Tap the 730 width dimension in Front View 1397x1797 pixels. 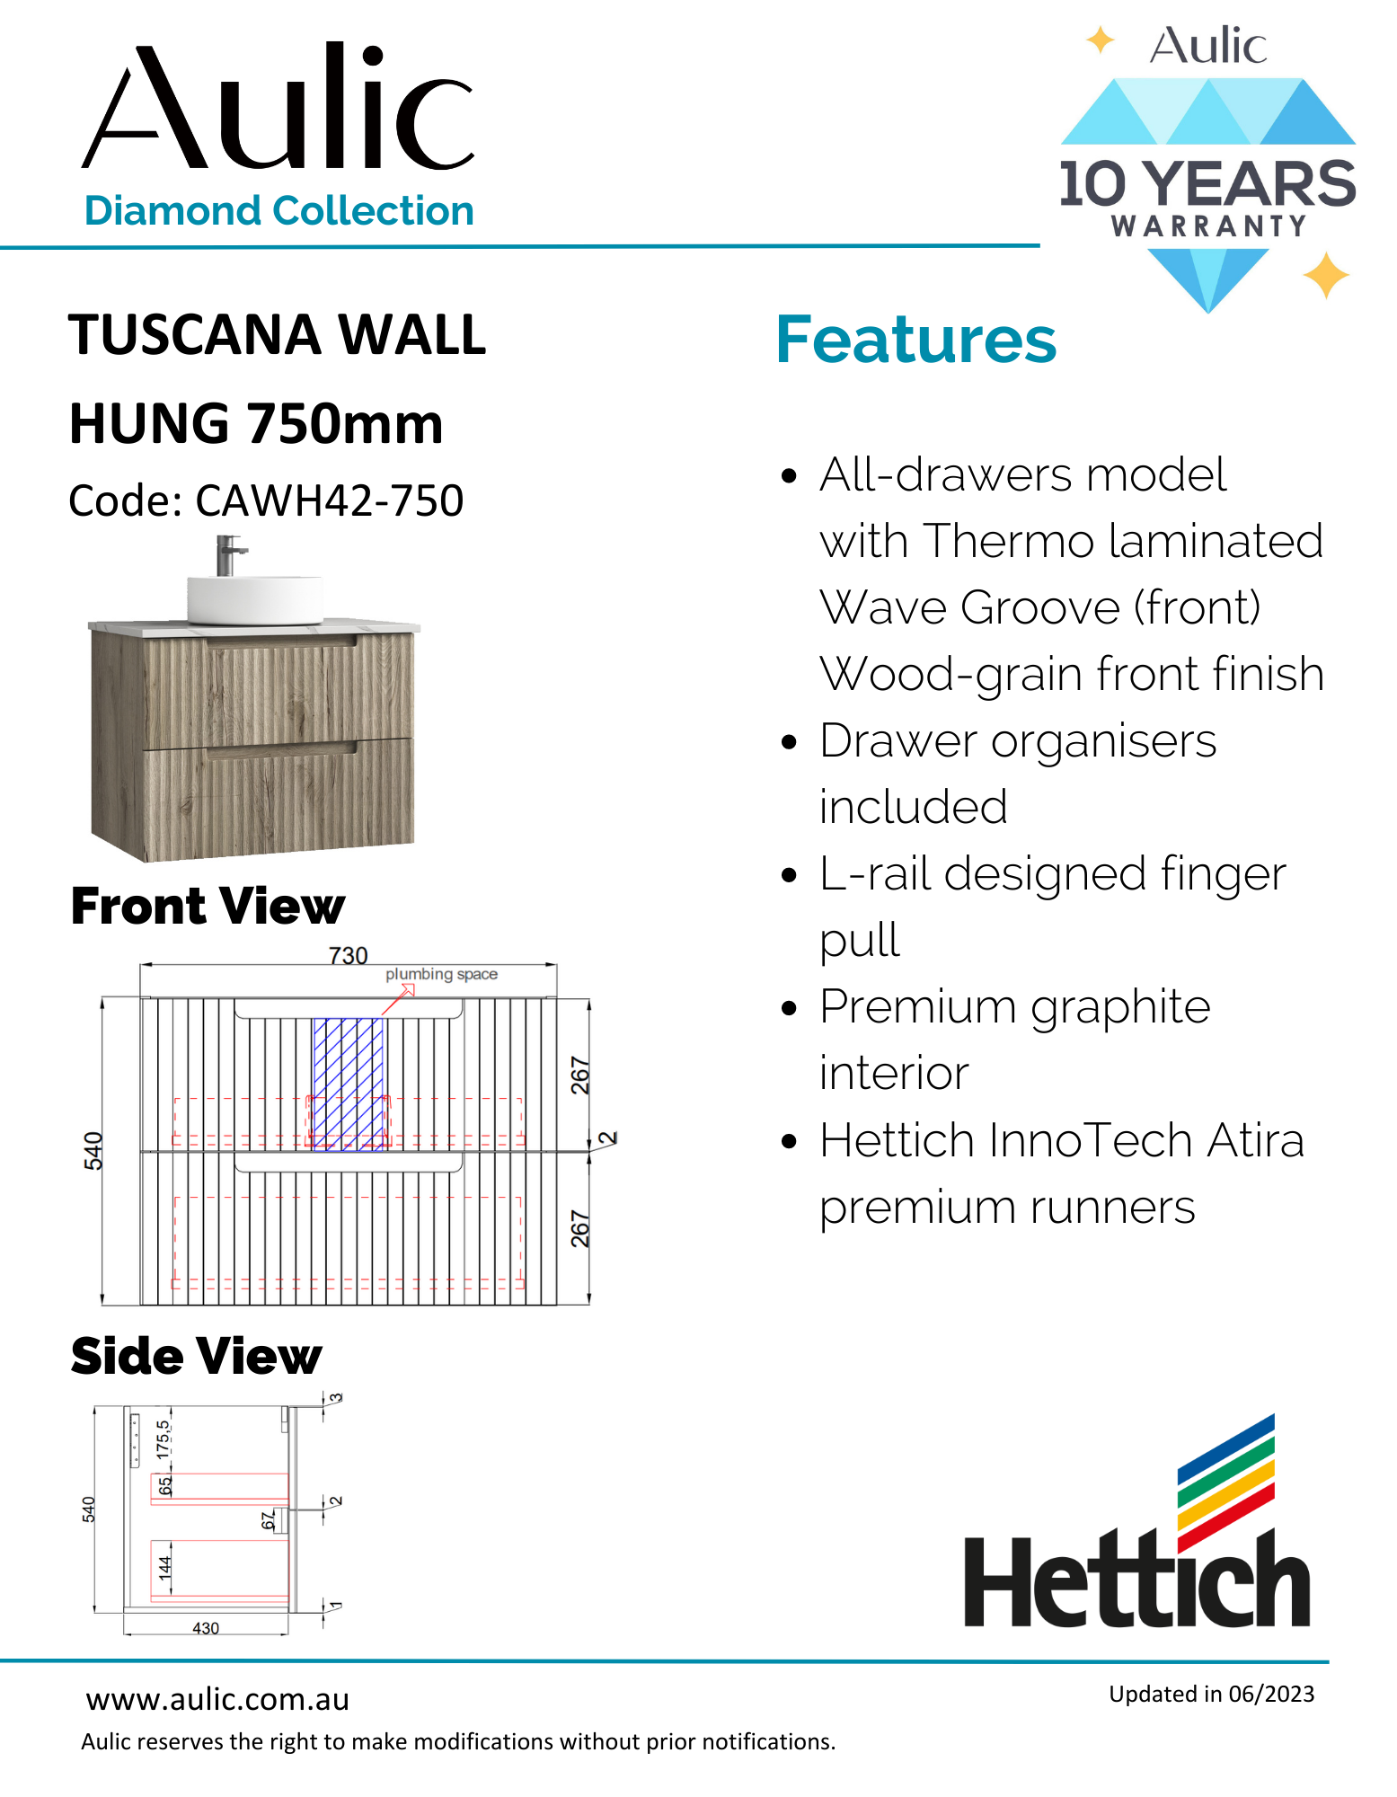coord(349,955)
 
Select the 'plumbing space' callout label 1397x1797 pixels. coord(441,974)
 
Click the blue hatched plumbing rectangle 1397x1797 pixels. coord(349,1084)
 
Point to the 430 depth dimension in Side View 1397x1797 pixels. coord(206,1628)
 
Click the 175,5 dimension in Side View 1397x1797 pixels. coord(163,1438)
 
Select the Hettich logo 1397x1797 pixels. coord(1137,1527)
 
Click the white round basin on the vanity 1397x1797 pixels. coord(254,599)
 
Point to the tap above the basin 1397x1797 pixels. coord(228,554)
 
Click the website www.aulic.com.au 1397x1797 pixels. coord(217,1700)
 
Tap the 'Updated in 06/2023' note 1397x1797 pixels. coord(1211,1694)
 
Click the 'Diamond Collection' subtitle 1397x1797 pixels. coord(279,211)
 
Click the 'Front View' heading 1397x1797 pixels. coord(208,906)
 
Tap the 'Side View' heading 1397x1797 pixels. coord(196,1356)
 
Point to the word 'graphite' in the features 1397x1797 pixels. coord(1120,1007)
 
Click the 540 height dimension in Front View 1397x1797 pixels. coord(93,1151)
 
